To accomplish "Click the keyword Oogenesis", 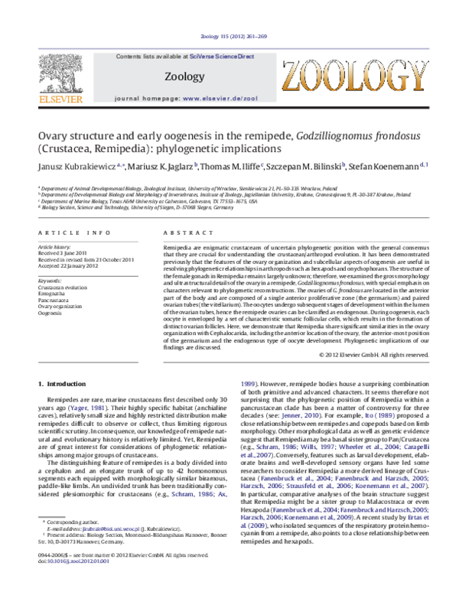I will (x=50, y=313).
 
